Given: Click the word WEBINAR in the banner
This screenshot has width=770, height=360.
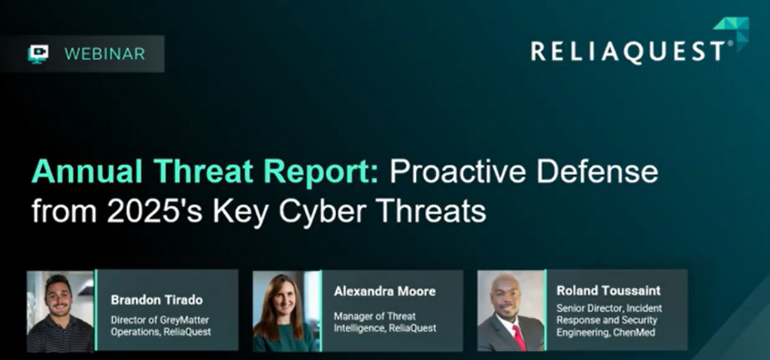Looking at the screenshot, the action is [x=105, y=53].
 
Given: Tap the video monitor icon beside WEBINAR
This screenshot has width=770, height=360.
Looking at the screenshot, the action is [x=38, y=54].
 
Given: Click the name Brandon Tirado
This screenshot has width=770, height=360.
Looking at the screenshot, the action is [x=156, y=300].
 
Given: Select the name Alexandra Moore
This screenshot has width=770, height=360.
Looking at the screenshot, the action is [x=384, y=292].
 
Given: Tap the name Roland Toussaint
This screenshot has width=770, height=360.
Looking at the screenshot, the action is [x=608, y=290].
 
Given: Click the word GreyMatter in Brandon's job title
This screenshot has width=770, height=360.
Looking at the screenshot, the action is [x=183, y=320].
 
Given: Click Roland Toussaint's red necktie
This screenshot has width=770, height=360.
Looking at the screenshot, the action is [x=517, y=336].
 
